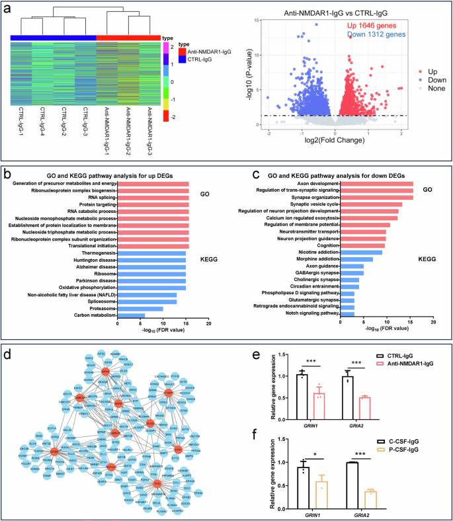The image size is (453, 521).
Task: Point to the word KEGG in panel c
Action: pyautogui.click(x=427, y=261)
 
